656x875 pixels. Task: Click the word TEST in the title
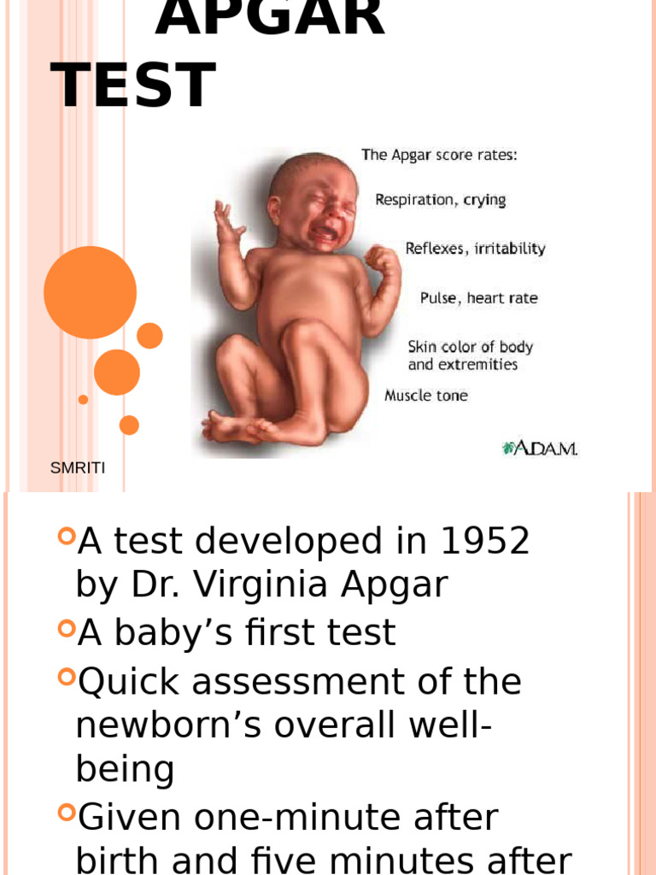pos(133,85)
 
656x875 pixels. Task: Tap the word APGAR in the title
pos(270,19)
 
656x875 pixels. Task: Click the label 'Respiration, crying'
pos(440,200)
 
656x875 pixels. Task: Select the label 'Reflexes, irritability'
pos(475,249)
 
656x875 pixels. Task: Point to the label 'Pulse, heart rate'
pos(478,298)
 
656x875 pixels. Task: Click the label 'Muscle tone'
pos(426,396)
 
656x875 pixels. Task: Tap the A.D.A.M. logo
pos(540,448)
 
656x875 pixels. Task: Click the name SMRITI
pos(78,467)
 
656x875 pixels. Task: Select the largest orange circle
pos(90,292)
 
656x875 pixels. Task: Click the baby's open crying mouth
pos(325,232)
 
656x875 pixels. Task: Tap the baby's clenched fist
pos(382,258)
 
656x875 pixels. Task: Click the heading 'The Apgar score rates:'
pos(439,156)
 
